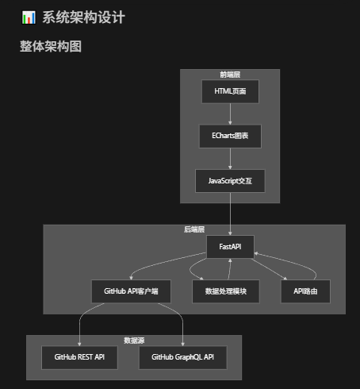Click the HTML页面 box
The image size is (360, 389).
pos(230,91)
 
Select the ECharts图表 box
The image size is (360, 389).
pos(230,136)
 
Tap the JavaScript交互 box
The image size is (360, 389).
pos(230,181)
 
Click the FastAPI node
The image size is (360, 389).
pos(230,247)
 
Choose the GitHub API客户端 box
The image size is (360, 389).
pos(131,291)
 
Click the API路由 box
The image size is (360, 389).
pos(305,291)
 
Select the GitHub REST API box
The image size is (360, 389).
pos(79,357)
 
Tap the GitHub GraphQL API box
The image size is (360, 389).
pos(182,357)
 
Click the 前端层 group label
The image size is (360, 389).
pos(230,75)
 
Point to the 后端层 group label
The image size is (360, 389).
pos(194,229)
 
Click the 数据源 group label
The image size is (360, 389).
pos(134,340)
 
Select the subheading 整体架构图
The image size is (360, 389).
pos(51,47)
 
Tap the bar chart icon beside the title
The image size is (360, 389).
pos(29,17)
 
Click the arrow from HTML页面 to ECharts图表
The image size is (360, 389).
pos(230,114)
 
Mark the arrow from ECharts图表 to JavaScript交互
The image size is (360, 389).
pos(230,159)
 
